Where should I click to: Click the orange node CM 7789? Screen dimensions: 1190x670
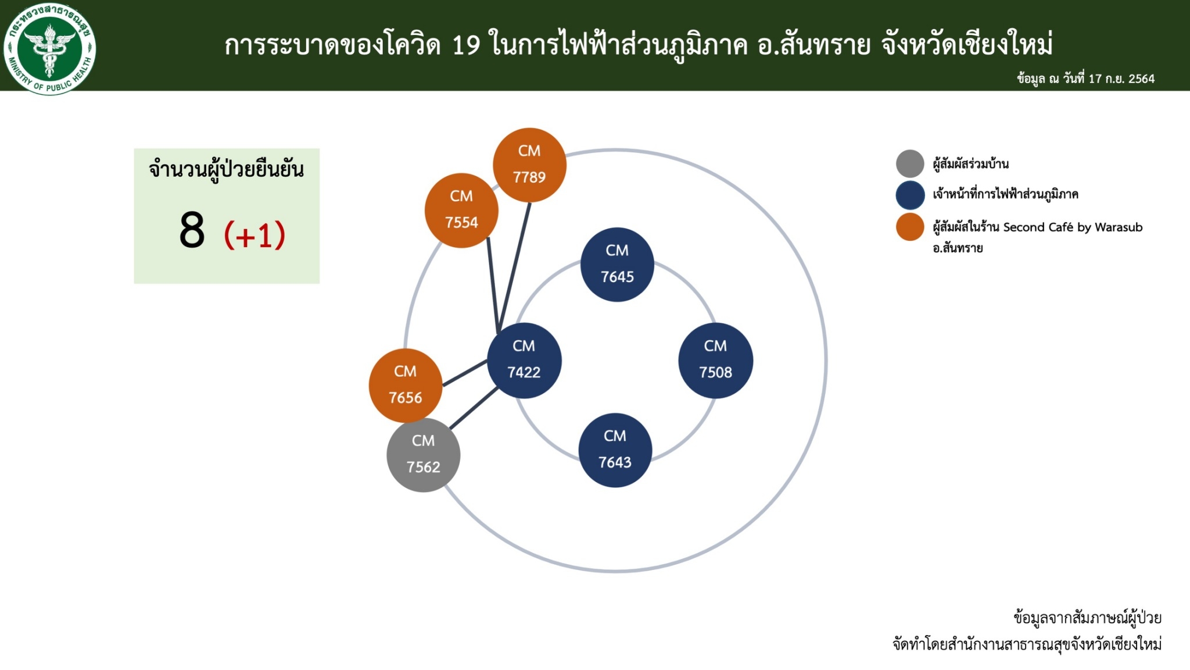click(529, 165)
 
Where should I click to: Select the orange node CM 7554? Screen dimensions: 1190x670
click(461, 211)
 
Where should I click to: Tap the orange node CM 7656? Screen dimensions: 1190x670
click(406, 386)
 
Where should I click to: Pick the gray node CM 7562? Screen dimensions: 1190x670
click(424, 455)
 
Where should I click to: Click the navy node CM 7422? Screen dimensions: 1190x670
click(524, 361)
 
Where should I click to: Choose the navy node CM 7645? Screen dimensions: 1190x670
click(617, 265)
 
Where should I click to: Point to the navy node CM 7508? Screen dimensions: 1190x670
click(716, 361)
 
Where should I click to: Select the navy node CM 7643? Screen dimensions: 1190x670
click(615, 450)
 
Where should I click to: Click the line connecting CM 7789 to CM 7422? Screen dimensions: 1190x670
click(515, 268)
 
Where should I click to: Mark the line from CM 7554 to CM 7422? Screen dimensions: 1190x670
click(493, 285)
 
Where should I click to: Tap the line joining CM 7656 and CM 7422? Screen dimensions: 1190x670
click(465, 373)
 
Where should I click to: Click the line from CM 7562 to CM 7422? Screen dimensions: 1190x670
click(474, 408)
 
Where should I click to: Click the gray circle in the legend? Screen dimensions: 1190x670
click(910, 163)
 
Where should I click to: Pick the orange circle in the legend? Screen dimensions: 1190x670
click(910, 227)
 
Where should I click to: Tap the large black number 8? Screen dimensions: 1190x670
click(192, 230)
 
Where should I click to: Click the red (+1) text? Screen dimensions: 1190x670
click(255, 234)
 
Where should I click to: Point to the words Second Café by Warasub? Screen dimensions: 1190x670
click(1073, 227)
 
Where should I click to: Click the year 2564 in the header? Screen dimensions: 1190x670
click(1141, 79)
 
